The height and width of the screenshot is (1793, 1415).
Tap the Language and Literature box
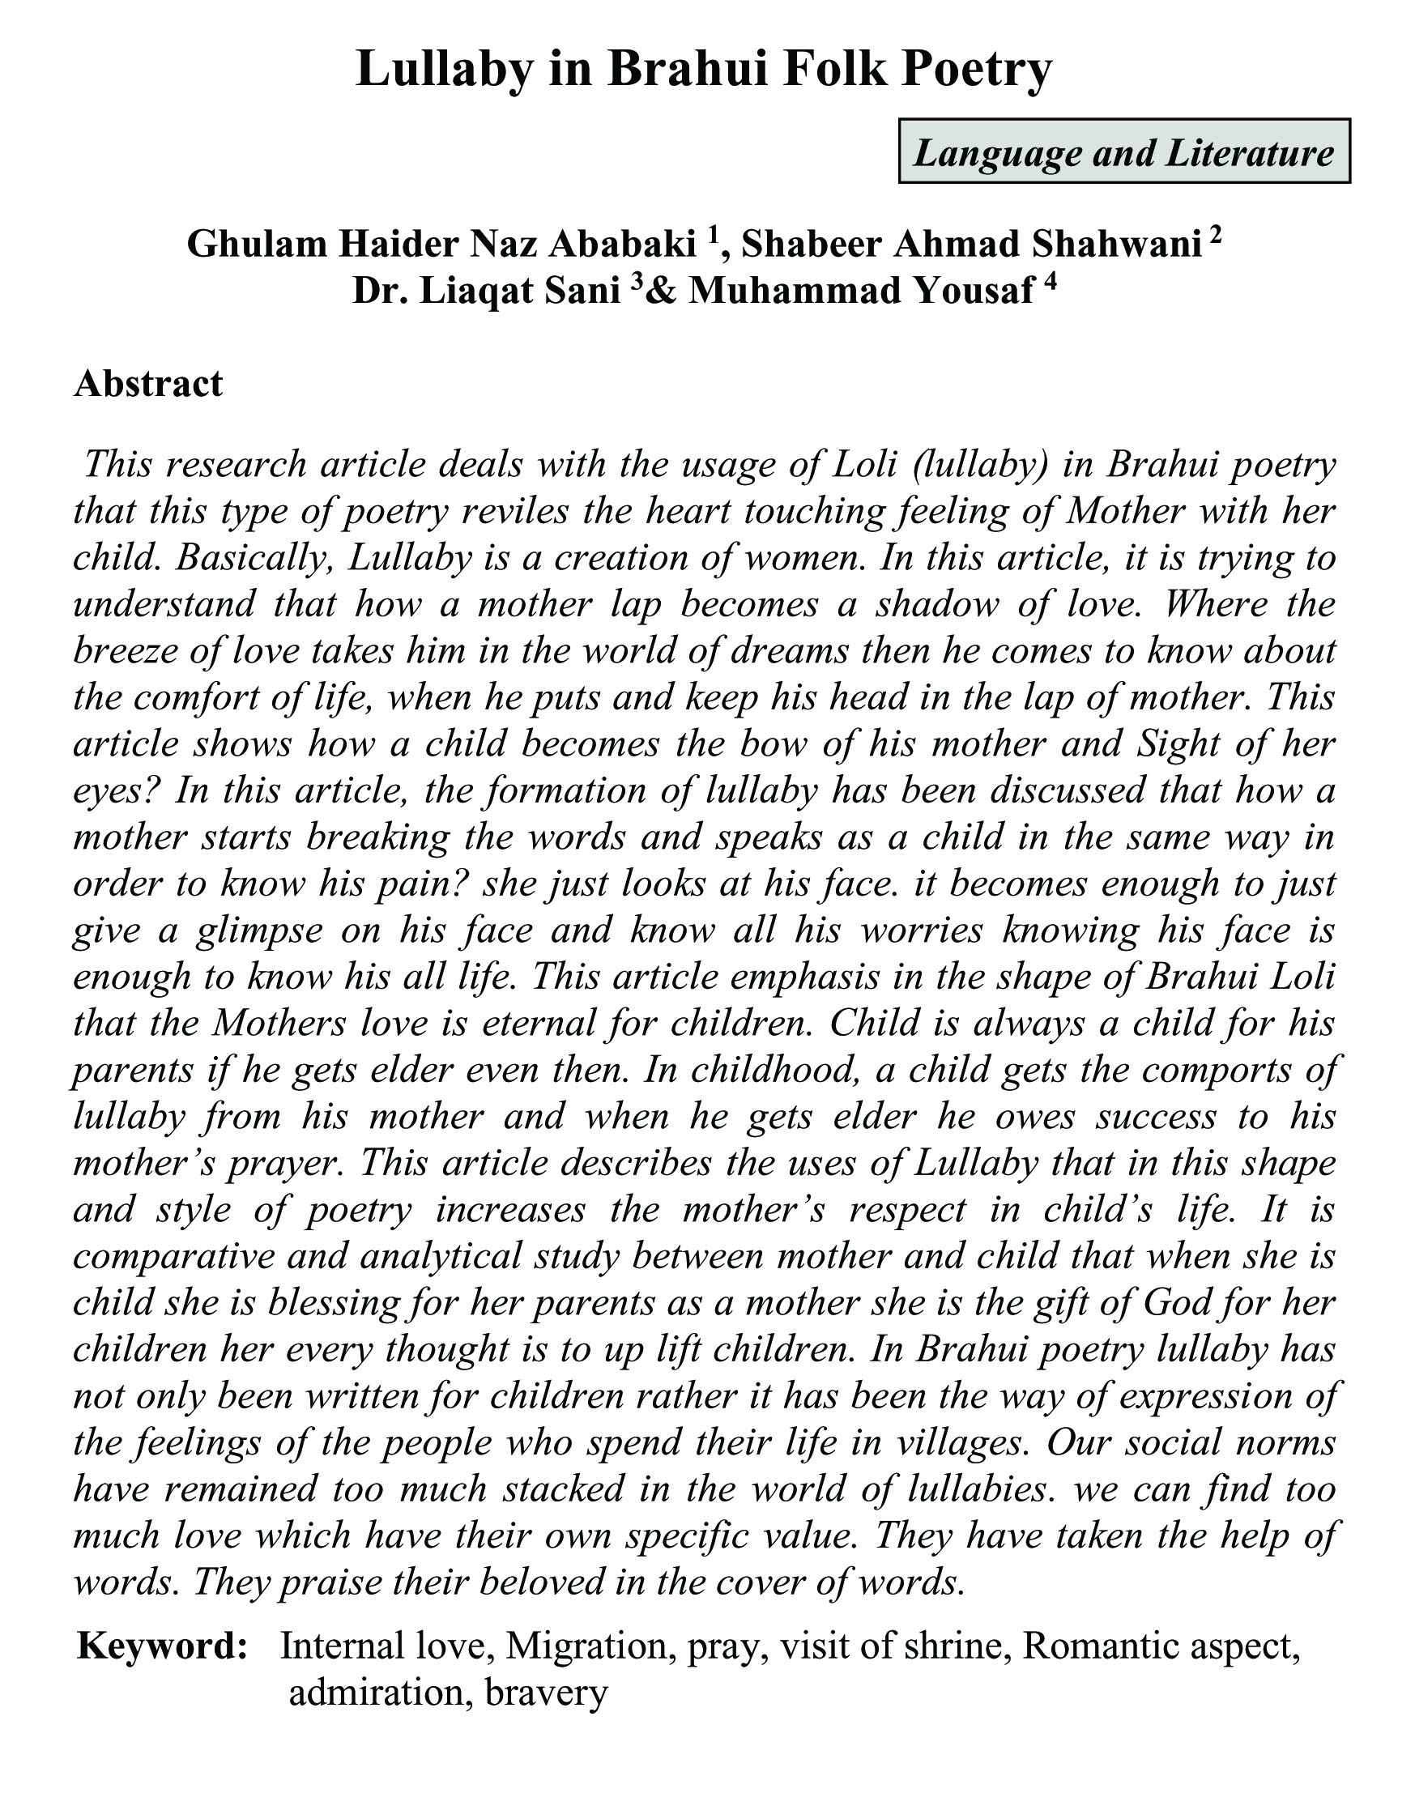1124,151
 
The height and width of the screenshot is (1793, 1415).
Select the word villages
957,1442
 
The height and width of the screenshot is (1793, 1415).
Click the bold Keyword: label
162,1645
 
